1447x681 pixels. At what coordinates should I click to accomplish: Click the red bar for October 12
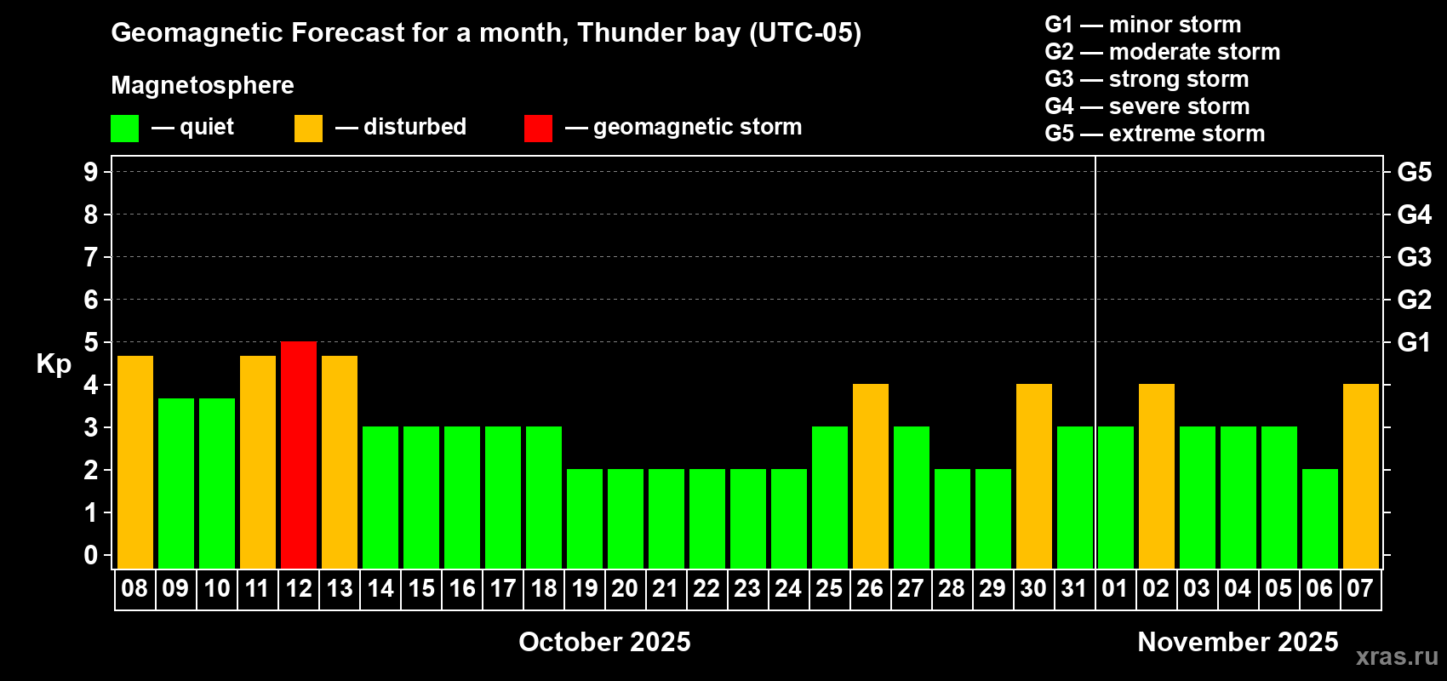coord(299,455)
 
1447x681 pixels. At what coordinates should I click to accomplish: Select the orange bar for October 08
coord(135,462)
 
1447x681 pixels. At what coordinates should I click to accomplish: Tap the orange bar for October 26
coord(870,476)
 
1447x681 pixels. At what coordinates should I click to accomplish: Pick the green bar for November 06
coord(1319,518)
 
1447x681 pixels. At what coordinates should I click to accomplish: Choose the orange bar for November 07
coord(1360,476)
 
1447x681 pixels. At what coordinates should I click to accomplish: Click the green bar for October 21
coord(666,518)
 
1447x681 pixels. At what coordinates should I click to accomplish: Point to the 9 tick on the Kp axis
coord(90,172)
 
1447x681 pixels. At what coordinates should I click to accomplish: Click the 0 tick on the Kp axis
coord(90,555)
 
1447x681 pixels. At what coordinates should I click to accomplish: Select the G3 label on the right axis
coord(1414,257)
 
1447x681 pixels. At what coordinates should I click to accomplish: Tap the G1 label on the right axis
coord(1414,342)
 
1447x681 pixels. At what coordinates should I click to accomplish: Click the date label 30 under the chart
coord(1033,588)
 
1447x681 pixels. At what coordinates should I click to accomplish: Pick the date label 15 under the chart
coord(421,588)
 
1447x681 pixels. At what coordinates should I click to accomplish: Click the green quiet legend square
coord(124,128)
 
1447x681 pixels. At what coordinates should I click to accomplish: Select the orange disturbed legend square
coord(308,128)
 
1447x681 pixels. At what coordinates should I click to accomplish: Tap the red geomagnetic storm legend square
coord(538,128)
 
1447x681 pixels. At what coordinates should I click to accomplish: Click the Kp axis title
coord(54,364)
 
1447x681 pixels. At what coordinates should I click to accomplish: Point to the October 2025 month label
coord(604,642)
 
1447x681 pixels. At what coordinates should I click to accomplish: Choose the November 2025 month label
coord(1238,642)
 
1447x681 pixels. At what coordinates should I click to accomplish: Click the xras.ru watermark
coord(1398,657)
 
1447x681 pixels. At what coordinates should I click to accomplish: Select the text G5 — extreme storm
coord(1154,134)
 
